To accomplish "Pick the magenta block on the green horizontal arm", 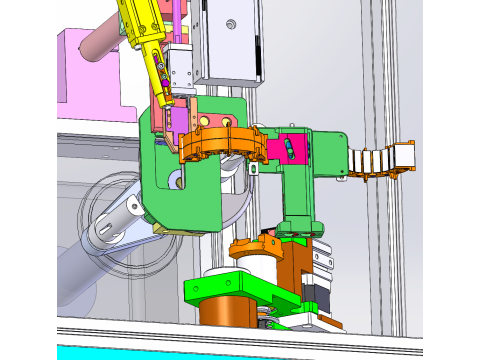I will [291, 147].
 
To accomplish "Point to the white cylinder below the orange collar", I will [240, 268].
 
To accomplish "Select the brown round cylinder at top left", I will [100, 45].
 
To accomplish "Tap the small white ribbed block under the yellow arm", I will [182, 70].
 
